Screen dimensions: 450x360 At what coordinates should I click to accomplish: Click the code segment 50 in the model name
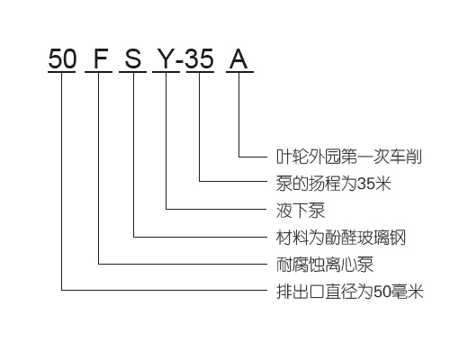pyautogui.click(x=62, y=58)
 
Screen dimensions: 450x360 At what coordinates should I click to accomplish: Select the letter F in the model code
pyautogui.click(x=101, y=58)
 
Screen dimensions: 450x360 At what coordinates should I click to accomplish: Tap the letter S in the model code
pyautogui.click(x=132, y=58)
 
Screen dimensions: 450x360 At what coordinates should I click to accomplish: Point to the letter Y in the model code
pyautogui.click(x=166, y=58)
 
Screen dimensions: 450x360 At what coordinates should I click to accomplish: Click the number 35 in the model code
pyautogui.click(x=200, y=58)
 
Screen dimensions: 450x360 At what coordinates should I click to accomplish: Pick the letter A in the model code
pyautogui.click(x=238, y=58)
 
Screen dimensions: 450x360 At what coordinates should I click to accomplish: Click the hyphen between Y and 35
pyautogui.click(x=180, y=61)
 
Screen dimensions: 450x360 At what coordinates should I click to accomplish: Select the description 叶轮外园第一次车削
pyautogui.click(x=349, y=157)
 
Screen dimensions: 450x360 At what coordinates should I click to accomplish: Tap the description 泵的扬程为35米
pyautogui.click(x=334, y=183)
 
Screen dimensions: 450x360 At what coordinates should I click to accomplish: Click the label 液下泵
pyautogui.click(x=301, y=211)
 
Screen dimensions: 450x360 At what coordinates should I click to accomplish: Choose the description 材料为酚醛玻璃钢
pyautogui.click(x=341, y=238)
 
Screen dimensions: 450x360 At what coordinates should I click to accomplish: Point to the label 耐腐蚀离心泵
pyautogui.click(x=325, y=265)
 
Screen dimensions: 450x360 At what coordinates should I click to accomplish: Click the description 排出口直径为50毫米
pyautogui.click(x=350, y=292)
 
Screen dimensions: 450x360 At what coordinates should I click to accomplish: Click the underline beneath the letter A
pyautogui.click(x=239, y=72)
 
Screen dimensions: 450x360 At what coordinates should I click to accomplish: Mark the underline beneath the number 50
pyautogui.click(x=62, y=72)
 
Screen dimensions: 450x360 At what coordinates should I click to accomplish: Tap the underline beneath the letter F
pyautogui.click(x=99, y=72)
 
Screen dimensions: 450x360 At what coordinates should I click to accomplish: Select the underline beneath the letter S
pyautogui.click(x=132, y=72)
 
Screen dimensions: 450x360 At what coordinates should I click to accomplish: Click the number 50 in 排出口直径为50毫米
pyautogui.click(x=382, y=292)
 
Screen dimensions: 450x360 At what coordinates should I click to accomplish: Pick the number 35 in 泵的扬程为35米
pyautogui.click(x=366, y=184)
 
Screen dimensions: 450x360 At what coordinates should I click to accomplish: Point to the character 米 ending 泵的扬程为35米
pyautogui.click(x=383, y=183)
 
